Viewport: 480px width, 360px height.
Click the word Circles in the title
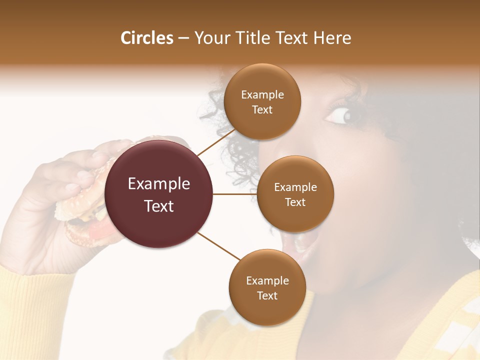(x=147, y=38)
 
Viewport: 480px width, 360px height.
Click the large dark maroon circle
(x=159, y=194)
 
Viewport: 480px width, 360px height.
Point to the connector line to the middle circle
(x=235, y=194)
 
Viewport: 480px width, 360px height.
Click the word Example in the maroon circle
(x=159, y=184)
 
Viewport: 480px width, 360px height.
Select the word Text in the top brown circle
(x=262, y=110)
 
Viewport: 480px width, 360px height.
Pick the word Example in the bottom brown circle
(x=267, y=281)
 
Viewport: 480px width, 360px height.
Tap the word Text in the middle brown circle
(x=295, y=202)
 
